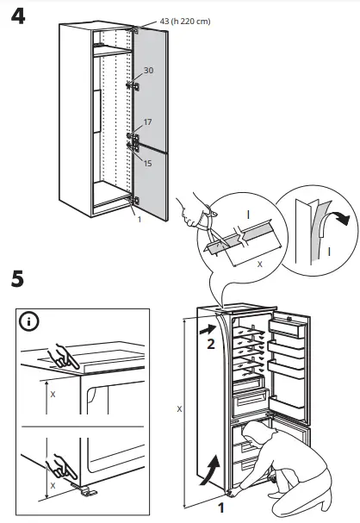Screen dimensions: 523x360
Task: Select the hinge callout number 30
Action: coord(148,72)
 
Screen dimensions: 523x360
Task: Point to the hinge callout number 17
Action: coord(148,123)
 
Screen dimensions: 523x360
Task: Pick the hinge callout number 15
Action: coord(148,162)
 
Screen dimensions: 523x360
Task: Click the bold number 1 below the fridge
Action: coord(221,507)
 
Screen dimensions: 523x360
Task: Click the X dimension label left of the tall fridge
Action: coord(178,409)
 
